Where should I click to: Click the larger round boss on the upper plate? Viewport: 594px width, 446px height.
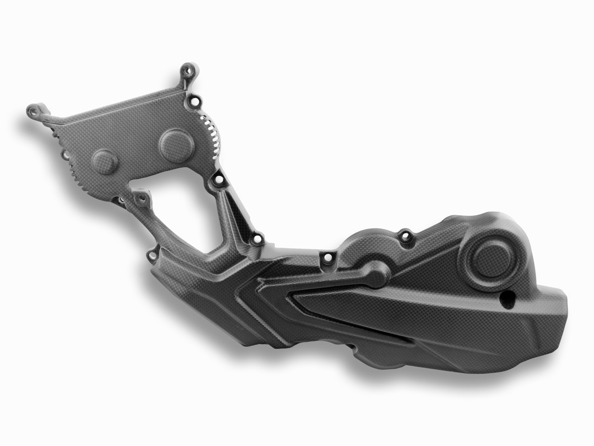tap(177, 143)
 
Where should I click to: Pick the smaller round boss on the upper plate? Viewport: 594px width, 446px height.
tap(105, 161)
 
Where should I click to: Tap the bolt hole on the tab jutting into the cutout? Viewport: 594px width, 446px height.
tap(142, 199)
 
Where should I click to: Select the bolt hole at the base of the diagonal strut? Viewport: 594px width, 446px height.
tap(257, 240)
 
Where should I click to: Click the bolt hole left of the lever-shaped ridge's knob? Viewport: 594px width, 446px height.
tap(327, 258)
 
